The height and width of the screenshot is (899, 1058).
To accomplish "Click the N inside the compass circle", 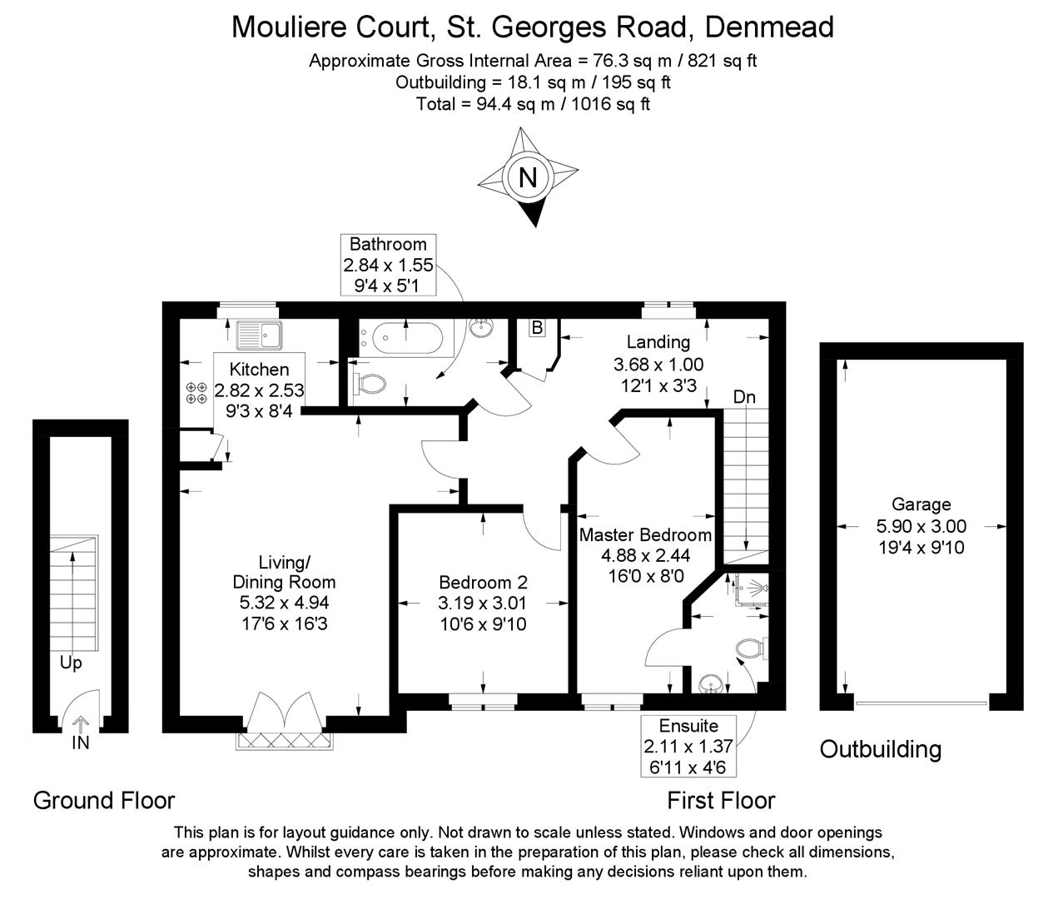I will pos(527,178).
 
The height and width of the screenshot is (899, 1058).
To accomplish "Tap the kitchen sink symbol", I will pos(259,335).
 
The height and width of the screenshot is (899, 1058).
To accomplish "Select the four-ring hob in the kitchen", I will pos(197,393).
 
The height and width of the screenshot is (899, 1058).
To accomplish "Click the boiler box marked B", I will pos(537,328).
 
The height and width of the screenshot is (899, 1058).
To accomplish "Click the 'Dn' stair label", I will pos(744,397).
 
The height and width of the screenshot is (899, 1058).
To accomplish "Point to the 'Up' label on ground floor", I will pos(71,663).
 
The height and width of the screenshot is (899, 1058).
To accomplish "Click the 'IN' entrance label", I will pos(80,743).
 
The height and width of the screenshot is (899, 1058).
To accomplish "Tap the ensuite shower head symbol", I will pos(753,588).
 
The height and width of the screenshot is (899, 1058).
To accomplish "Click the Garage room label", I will pos(921,504).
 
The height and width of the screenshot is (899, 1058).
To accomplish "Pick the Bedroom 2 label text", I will pos(483,583).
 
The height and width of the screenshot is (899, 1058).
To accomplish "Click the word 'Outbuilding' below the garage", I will pos(880,749).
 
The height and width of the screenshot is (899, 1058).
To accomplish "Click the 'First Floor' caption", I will pos(721,801).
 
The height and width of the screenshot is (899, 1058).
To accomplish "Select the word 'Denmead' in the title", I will pos(769,27).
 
